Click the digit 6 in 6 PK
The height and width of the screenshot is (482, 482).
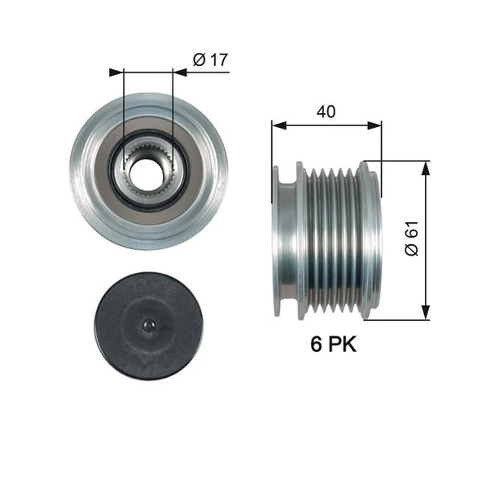[x=314, y=344]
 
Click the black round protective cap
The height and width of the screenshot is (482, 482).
[x=147, y=325]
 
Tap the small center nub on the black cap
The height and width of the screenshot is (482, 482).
[x=147, y=325]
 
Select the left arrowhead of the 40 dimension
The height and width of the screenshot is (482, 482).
[x=278, y=125]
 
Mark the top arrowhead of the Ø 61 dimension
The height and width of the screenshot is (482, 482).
[x=424, y=167]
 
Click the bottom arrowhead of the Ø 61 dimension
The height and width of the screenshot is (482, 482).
[x=424, y=313]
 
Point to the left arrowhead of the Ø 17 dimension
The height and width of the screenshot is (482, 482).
[x=115, y=72]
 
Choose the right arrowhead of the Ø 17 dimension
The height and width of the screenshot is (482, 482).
[x=180, y=72]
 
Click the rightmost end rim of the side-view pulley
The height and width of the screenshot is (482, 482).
[x=372, y=240]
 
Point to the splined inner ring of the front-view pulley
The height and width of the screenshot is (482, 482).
[x=147, y=151]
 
